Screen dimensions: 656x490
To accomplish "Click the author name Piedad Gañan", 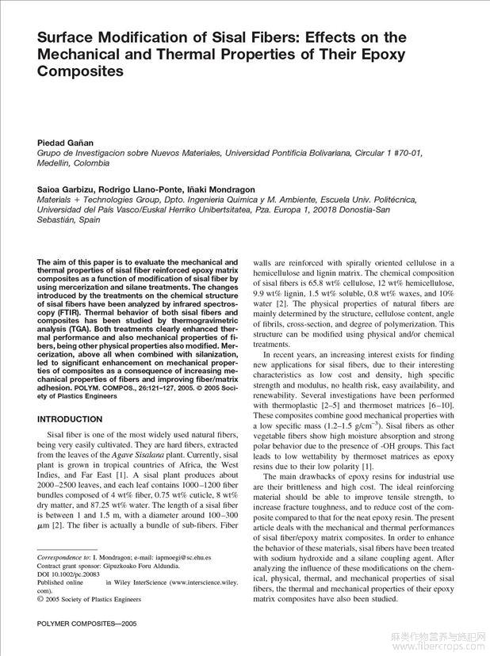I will (67, 140).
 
